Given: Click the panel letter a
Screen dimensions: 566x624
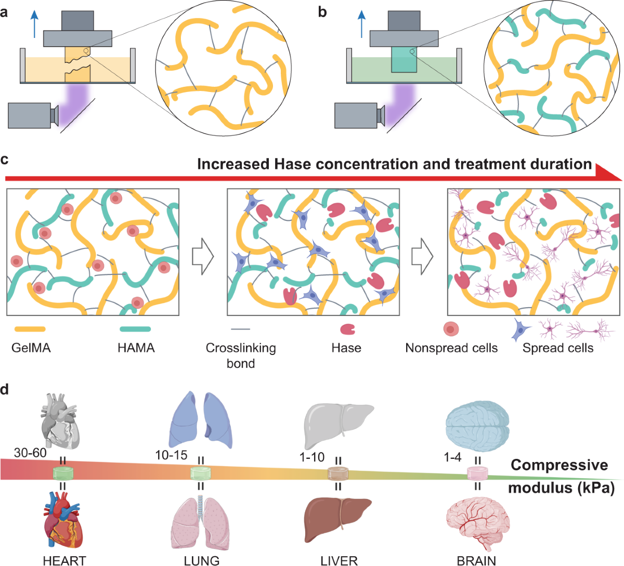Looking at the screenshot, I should click(x=5, y=11).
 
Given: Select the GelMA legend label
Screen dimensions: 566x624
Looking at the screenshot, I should click(x=31, y=348).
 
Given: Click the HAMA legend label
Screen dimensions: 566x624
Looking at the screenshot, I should click(x=136, y=348).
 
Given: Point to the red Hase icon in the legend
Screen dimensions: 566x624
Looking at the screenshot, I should click(x=347, y=329).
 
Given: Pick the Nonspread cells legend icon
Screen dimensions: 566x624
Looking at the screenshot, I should click(x=451, y=329).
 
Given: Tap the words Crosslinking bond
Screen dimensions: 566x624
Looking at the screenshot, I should click(x=241, y=355).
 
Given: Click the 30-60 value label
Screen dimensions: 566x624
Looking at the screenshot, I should click(x=30, y=453).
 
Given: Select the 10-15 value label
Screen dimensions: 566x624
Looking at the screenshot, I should click(x=171, y=455).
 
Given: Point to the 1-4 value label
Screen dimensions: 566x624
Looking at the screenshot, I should click(x=452, y=457).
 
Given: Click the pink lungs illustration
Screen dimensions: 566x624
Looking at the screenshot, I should click(x=200, y=522).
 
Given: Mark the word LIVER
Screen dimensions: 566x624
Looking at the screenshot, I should click(x=339, y=560).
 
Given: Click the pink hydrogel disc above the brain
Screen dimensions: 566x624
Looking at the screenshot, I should click(x=477, y=472).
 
